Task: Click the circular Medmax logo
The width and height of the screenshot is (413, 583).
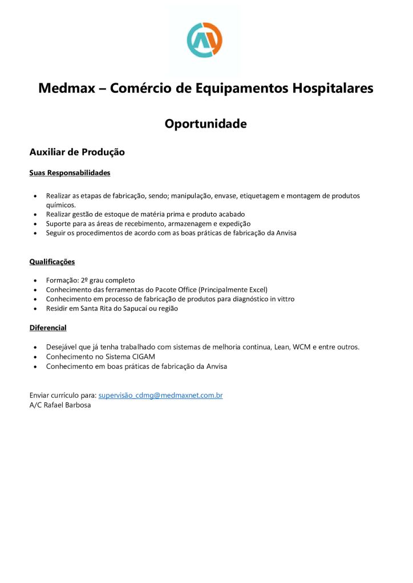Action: click(205, 40)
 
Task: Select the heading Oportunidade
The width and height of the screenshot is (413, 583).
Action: click(206, 124)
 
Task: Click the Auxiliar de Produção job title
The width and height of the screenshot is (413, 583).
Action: click(77, 152)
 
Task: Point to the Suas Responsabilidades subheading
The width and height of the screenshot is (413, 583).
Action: click(70, 173)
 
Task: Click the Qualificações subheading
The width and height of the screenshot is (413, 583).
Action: click(52, 262)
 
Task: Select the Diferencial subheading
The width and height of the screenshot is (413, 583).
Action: click(48, 328)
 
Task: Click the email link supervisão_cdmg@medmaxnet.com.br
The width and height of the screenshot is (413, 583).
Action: click(160, 395)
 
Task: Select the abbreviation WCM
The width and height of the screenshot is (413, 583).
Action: click(302, 347)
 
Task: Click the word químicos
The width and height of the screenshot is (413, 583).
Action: click(60, 205)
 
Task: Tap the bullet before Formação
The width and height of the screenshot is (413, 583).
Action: click(37, 280)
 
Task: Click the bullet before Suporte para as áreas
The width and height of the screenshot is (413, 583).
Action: click(37, 224)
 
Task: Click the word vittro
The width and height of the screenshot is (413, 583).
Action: click(285, 299)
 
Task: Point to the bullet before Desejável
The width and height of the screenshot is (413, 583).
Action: click(37, 347)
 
